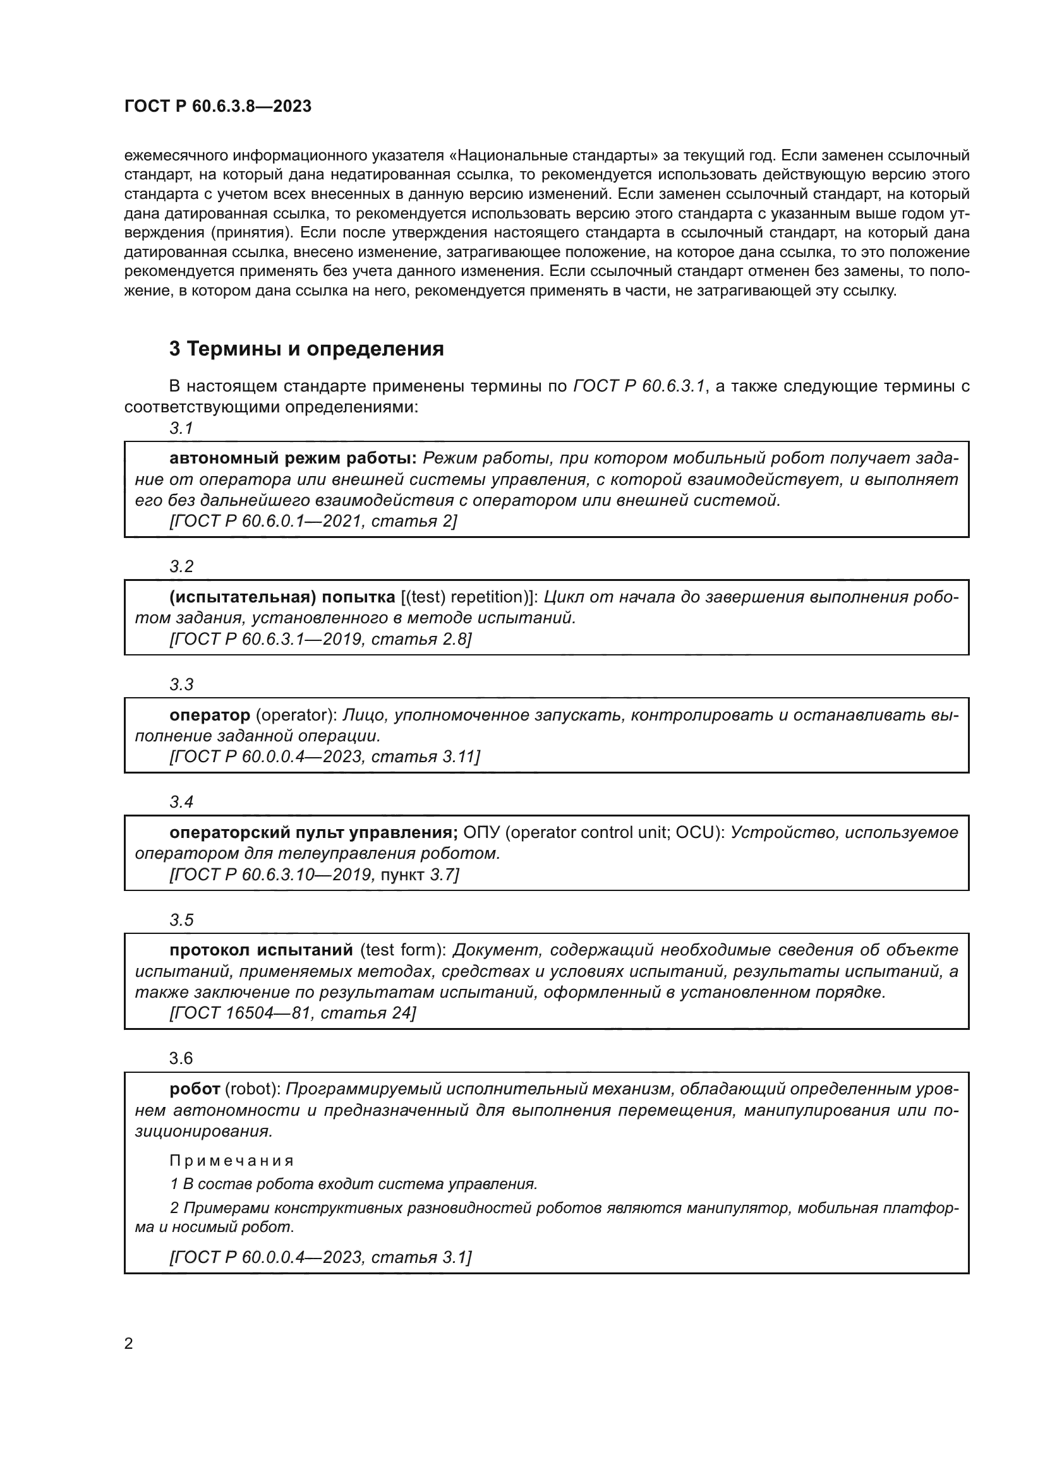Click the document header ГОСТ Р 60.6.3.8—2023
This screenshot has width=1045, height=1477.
[217, 106]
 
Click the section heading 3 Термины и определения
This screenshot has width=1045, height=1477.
[306, 349]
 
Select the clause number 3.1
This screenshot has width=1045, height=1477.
[181, 428]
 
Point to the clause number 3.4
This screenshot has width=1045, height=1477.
[181, 801]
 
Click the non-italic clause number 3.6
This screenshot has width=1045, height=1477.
[181, 1058]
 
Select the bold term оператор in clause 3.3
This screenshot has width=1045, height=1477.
[210, 715]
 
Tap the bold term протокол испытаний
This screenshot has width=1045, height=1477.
[262, 950]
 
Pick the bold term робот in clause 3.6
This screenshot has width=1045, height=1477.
[195, 1089]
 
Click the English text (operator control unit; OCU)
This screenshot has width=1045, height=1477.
[615, 832]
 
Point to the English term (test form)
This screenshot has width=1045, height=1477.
[403, 950]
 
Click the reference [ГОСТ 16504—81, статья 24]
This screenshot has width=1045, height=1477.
[293, 1013]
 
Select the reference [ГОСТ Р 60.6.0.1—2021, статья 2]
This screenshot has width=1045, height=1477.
[313, 521]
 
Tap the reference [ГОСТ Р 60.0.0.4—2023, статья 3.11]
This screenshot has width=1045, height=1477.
[324, 756]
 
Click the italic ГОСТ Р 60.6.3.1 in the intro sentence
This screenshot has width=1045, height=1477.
[639, 386]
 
